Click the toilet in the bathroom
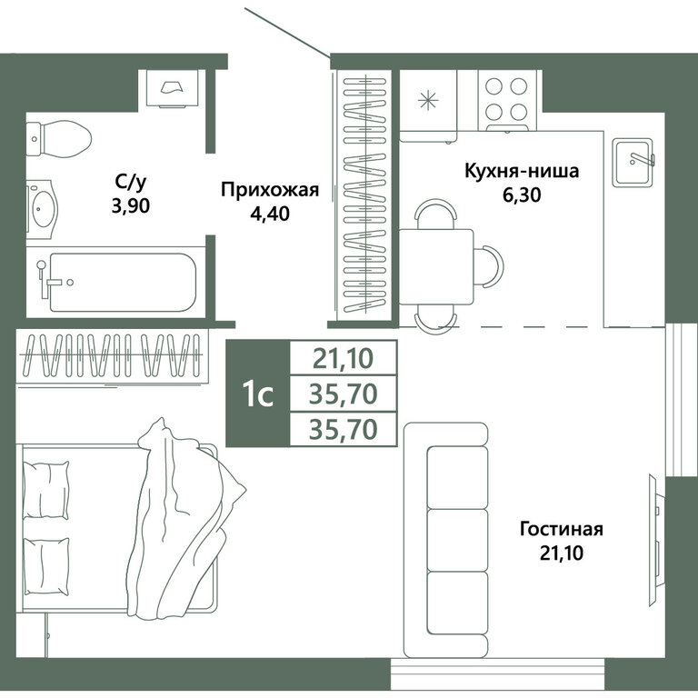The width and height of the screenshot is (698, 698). coord(59,138)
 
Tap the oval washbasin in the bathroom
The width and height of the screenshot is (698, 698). coord(43,208)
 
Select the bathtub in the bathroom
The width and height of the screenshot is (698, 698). coord(115,283)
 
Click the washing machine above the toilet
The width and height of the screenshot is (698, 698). coord(172,88)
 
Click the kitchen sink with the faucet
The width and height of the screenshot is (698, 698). coord(633,163)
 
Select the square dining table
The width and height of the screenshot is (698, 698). coord(436,266)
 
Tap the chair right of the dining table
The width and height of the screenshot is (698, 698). coord(489,266)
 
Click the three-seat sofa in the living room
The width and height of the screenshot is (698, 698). coord(446,540)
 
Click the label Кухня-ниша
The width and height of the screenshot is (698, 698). coord(522,171)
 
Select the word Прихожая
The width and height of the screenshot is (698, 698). coord(270,190)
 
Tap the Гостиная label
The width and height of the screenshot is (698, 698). coord(562,530)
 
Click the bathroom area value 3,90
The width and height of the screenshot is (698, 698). coord(131,205)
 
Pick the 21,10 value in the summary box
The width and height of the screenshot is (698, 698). coord(343,359)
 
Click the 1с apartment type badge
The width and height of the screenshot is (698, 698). coord(258,394)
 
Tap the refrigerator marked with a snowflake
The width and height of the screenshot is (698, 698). coord(428,106)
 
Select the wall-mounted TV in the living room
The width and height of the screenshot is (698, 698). coord(657,541)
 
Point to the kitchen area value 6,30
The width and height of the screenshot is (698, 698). coord(522,194)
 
